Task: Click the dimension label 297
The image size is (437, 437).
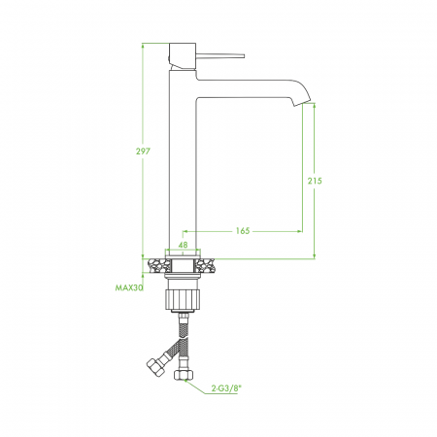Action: pyautogui.click(x=143, y=151)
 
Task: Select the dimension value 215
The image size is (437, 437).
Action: pyautogui.click(x=315, y=181)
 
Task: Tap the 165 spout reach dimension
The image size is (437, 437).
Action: pyautogui.click(x=243, y=231)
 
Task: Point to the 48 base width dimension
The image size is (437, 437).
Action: pyautogui.click(x=183, y=245)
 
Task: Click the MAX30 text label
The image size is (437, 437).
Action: pyautogui.click(x=129, y=287)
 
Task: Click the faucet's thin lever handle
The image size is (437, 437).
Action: pyautogui.click(x=220, y=55)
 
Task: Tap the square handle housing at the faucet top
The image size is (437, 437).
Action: pyautogui.click(x=183, y=55)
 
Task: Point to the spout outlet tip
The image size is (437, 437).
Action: pyautogui.click(x=302, y=103)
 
